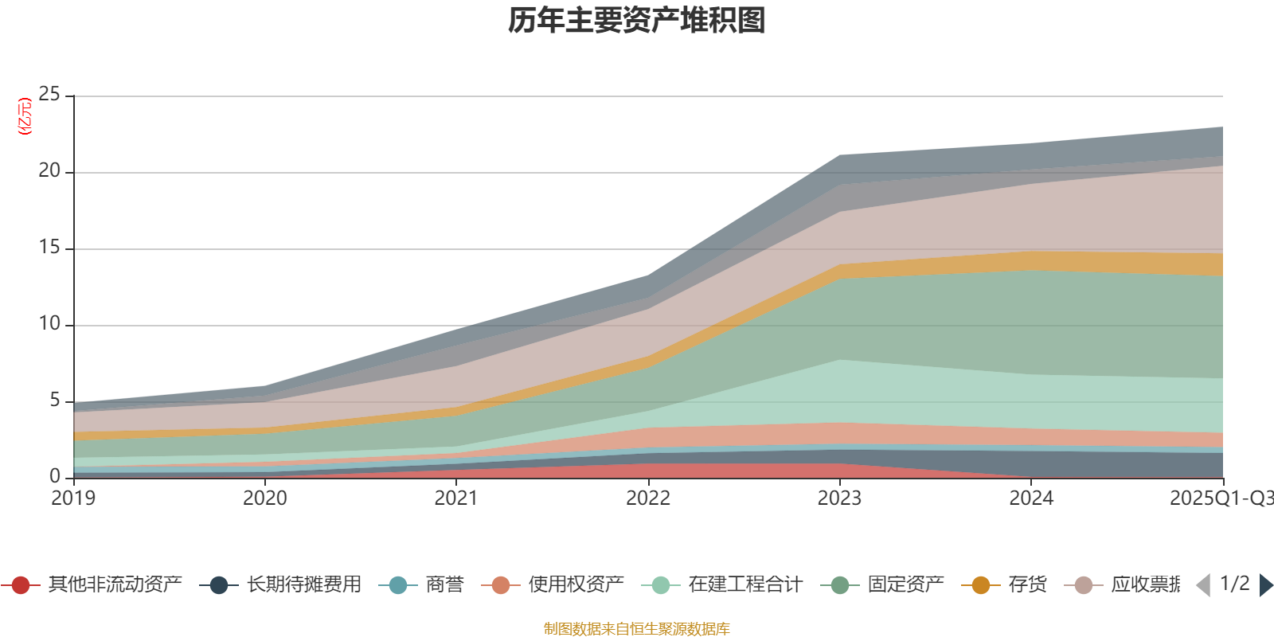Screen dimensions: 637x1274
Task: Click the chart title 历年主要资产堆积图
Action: (637, 21)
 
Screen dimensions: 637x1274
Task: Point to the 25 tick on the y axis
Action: (49, 95)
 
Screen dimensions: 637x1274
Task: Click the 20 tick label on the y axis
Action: (49, 171)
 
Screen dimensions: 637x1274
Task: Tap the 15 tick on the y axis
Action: (49, 248)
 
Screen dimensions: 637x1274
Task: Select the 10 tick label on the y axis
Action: (49, 324)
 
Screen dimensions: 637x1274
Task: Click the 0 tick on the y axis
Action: (54, 476)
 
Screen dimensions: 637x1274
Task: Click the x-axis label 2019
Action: (73, 498)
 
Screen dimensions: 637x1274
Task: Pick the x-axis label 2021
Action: (456, 498)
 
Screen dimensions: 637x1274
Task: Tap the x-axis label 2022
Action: (648, 498)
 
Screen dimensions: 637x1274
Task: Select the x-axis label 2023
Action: (840, 498)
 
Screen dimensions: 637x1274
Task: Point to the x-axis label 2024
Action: (1031, 498)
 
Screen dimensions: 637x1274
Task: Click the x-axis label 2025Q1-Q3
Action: (1220, 498)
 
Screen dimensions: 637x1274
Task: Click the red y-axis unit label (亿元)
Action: (25, 116)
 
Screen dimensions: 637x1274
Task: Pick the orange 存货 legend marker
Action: (981, 585)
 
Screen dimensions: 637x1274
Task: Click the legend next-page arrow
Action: (1266, 585)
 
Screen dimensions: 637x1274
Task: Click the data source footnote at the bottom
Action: (637, 629)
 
